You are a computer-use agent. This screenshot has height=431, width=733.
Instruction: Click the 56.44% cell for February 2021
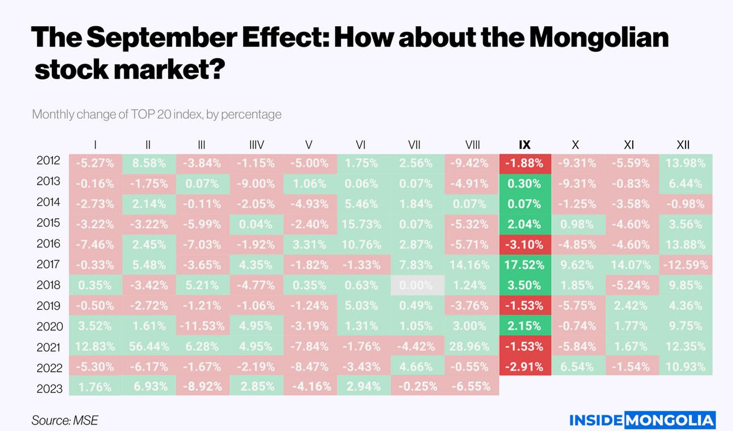(149, 347)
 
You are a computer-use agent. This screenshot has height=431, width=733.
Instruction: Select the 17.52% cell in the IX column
(524, 265)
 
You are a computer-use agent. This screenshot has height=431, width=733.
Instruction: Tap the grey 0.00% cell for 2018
(417, 285)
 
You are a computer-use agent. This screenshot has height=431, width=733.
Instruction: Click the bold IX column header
(524, 145)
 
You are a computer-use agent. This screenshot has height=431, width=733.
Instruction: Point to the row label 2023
(49, 389)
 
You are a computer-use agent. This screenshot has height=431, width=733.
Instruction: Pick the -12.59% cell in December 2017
(685, 265)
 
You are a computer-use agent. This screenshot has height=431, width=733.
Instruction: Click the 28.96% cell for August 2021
(469, 347)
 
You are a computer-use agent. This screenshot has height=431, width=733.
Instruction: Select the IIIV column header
(256, 145)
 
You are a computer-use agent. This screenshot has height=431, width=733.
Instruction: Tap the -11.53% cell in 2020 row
(202, 326)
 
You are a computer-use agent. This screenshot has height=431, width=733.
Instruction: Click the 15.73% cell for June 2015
(362, 224)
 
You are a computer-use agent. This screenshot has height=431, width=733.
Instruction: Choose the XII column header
(683, 145)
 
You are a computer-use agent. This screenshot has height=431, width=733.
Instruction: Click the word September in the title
(162, 38)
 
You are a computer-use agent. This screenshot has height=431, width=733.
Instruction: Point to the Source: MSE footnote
(65, 420)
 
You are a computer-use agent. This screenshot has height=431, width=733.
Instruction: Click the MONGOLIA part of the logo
(670, 420)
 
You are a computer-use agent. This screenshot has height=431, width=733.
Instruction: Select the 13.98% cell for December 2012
(685, 163)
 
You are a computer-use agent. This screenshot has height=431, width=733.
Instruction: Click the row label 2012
(48, 160)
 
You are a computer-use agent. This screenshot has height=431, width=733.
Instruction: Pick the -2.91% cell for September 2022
(524, 367)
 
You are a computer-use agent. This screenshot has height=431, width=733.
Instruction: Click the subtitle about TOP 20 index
(157, 115)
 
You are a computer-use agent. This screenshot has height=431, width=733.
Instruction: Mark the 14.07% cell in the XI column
(630, 265)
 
